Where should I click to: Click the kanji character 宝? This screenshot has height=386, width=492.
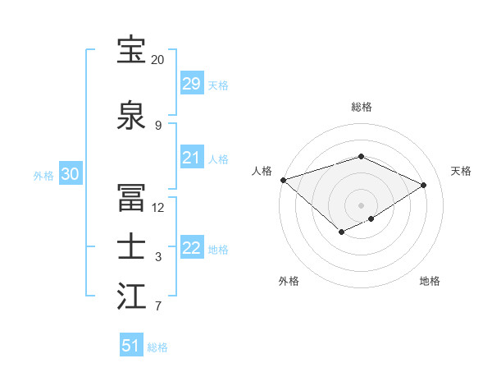[132, 51]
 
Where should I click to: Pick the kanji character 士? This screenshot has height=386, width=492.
[132, 247]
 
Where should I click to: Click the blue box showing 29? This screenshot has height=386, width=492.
[192, 84]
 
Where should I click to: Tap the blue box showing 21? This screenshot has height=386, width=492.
[192, 158]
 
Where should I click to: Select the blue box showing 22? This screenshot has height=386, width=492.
[192, 248]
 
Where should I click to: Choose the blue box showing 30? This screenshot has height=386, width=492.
[70, 174]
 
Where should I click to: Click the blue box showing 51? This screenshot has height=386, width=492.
[131, 346]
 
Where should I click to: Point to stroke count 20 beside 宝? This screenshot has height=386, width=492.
[157, 60]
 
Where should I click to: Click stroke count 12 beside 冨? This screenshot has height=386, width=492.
[157, 207]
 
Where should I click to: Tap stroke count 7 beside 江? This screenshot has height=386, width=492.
[157, 307]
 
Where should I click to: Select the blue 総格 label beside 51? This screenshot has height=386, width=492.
[157, 347]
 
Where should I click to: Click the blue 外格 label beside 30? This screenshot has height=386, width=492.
[43, 175]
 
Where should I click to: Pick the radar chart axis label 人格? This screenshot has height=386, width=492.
[262, 171]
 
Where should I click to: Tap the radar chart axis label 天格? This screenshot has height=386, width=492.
[461, 171]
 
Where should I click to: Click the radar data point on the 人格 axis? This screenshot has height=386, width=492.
[283, 180]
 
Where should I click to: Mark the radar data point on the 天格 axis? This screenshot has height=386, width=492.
[424, 185]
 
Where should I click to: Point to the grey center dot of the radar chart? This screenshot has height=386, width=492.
[361, 204]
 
